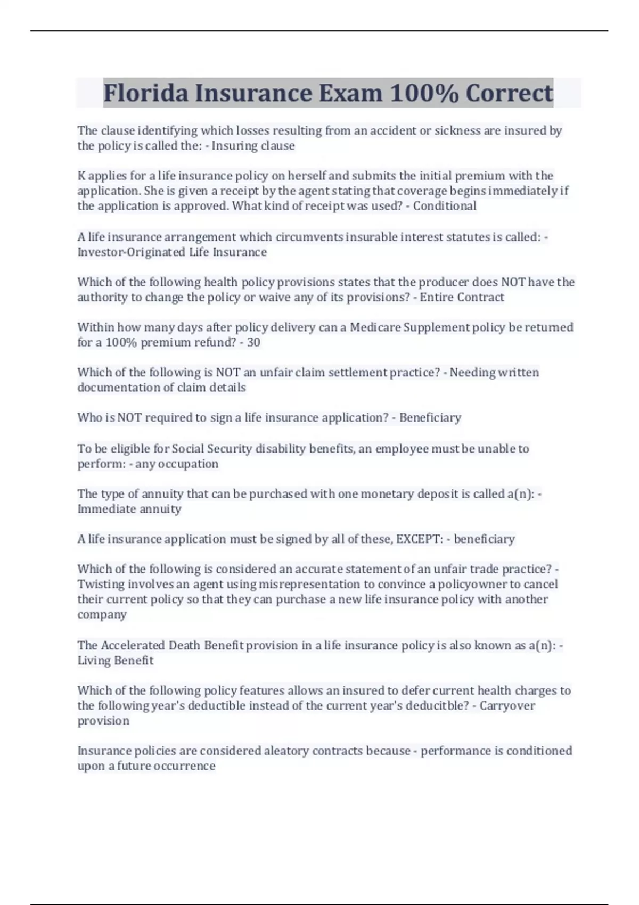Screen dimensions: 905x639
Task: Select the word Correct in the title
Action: point(509,93)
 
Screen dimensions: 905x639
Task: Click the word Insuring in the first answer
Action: point(232,146)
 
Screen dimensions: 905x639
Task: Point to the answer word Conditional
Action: point(445,206)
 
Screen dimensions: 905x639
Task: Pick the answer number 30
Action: point(253,342)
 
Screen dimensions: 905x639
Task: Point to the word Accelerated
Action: point(133,645)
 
